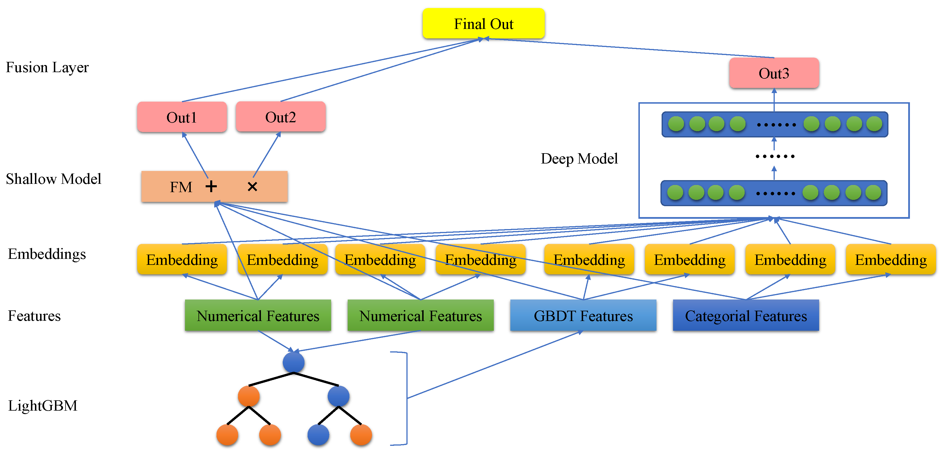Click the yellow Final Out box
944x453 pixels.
483,24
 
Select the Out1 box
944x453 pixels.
182,117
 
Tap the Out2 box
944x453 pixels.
280,117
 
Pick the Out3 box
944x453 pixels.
774,73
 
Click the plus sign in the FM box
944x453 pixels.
211,186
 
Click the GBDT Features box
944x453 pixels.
583,316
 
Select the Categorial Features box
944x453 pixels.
746,316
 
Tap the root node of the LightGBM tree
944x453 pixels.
294,363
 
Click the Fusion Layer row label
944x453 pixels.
47,68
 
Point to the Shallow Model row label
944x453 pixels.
54,179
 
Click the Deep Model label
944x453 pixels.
579,159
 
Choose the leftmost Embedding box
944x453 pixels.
182,259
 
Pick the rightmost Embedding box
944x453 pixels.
890,259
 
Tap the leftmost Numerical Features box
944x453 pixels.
257,316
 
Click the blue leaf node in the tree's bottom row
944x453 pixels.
318,435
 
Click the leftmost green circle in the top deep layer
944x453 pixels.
676,124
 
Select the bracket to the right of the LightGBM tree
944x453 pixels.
406,398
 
